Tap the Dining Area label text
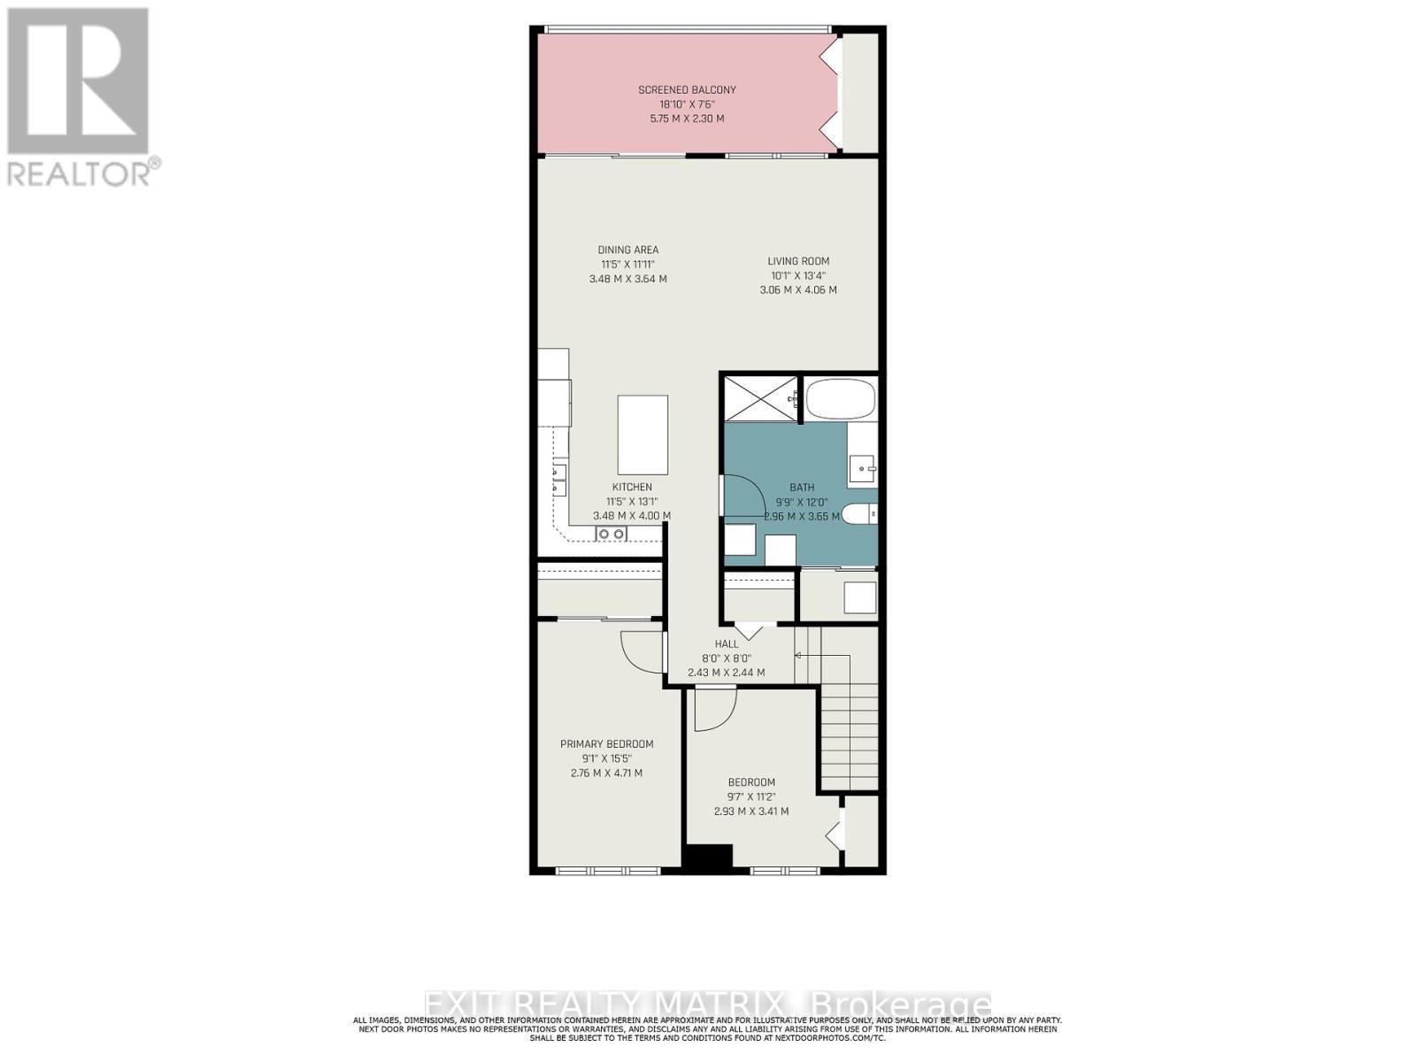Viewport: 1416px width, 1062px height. [627, 250]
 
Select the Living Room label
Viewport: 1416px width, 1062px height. [797, 261]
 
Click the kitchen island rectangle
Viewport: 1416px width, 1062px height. [643, 435]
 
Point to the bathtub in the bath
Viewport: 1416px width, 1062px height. [840, 399]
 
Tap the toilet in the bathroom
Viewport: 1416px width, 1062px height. [858, 514]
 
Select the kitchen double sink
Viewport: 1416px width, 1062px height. [611, 534]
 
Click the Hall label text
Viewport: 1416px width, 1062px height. [727, 644]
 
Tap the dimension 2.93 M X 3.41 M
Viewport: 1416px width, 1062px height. [750, 811]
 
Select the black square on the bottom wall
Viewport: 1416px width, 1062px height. [707, 857]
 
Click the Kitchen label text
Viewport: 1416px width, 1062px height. [632, 487]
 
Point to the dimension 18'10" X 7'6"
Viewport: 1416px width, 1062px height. [687, 104]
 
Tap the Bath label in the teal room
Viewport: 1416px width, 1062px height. [802, 487]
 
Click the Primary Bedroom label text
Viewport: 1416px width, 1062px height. [606, 744]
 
